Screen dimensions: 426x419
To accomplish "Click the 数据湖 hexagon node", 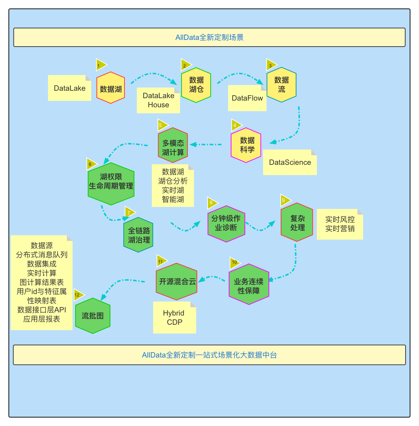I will pos(110,88).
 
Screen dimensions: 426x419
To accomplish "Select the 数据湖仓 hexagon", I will pos(196,85).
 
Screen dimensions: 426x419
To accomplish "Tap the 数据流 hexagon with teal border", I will pos(281,85).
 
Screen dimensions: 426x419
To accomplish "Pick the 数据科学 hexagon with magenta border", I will pos(246,145).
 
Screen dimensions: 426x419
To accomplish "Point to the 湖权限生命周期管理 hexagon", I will pos(111,184).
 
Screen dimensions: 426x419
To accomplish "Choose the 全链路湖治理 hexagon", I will pos(138,235).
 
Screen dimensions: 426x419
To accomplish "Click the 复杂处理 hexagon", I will pos(297,222).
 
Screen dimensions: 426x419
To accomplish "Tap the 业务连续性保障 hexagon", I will pos(249,284).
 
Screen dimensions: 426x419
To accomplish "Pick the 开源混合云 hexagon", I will pos(176,281).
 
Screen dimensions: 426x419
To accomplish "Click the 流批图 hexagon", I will pos(93,316).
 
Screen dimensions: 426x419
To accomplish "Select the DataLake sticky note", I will pos(70,88).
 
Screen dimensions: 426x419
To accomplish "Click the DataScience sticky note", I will pos(290,162).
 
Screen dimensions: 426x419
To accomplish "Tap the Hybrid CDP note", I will pos(174,318).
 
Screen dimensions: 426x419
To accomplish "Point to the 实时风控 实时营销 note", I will pos(340,224).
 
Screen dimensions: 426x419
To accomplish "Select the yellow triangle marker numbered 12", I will pos(78,295).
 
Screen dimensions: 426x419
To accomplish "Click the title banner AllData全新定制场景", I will pos(209,37).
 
